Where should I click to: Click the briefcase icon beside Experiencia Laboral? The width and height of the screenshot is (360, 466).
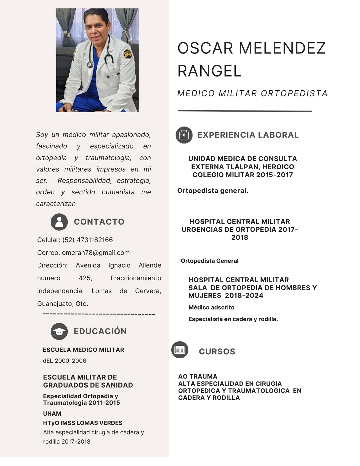(184, 135)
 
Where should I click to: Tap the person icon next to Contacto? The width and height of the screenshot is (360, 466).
(59, 222)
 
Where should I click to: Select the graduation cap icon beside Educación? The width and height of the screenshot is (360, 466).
(59, 331)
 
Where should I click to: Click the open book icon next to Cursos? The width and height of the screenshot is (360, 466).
(180, 350)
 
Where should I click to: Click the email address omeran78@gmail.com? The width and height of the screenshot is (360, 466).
(96, 253)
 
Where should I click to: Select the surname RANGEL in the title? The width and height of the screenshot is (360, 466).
(210, 71)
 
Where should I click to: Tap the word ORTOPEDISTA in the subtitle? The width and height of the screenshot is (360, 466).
(294, 93)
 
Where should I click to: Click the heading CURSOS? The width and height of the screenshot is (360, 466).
(217, 352)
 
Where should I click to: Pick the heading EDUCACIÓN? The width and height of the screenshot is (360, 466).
(100, 331)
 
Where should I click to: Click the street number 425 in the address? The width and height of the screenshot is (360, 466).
(85, 278)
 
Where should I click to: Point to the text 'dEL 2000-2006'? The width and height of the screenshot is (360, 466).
(64, 361)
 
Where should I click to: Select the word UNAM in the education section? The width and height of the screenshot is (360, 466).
(52, 413)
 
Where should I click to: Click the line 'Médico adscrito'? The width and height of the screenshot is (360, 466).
(211, 307)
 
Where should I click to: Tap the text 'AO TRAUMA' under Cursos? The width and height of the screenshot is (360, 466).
(198, 376)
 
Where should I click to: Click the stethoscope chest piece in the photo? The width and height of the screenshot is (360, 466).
(90, 64)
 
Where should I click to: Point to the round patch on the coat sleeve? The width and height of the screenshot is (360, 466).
(128, 54)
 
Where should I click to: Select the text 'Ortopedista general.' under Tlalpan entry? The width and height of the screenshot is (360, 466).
(213, 191)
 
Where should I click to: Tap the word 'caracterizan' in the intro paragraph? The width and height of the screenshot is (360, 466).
(56, 204)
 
